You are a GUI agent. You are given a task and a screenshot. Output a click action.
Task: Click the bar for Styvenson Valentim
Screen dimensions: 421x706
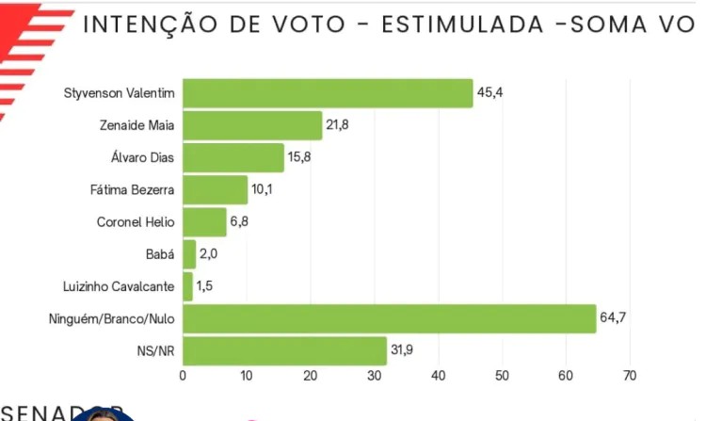[x=328, y=93]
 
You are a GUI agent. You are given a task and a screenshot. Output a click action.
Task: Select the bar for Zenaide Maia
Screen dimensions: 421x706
[x=252, y=125]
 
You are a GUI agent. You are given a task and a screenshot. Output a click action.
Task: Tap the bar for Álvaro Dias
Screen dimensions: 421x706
[x=233, y=157]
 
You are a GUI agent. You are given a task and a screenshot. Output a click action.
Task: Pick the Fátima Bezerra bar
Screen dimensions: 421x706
[x=215, y=190]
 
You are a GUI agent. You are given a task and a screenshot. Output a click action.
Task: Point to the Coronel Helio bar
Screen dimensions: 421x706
[x=204, y=222]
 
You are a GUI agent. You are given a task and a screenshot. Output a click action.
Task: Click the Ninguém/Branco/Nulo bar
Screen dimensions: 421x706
[x=389, y=319]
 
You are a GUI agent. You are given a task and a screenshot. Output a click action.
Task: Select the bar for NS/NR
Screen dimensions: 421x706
[x=284, y=351]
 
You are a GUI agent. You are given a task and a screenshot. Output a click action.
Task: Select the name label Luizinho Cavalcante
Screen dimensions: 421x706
[x=118, y=287]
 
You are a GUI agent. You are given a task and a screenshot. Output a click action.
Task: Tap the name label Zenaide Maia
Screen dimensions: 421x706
[x=137, y=125]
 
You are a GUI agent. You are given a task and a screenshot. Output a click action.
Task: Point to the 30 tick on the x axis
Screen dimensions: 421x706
[x=374, y=376]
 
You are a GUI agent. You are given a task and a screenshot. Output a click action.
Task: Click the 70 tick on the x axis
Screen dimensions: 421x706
[x=630, y=376]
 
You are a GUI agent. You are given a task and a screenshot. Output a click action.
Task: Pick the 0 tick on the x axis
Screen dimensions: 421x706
[x=183, y=376]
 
